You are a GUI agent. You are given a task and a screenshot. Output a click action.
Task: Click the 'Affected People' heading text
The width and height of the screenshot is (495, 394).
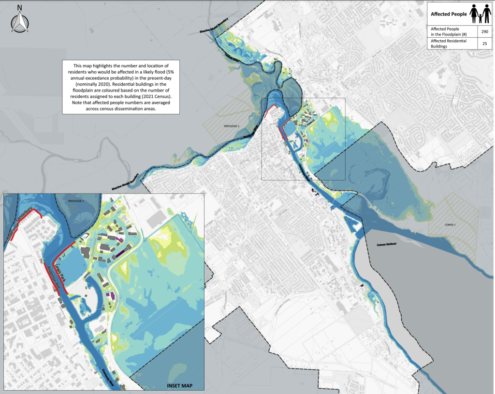(449, 14)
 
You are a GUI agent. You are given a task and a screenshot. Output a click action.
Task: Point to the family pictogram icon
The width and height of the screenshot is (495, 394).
(480, 14)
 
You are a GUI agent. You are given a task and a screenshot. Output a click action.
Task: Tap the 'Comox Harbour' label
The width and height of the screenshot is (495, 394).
(386, 244)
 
